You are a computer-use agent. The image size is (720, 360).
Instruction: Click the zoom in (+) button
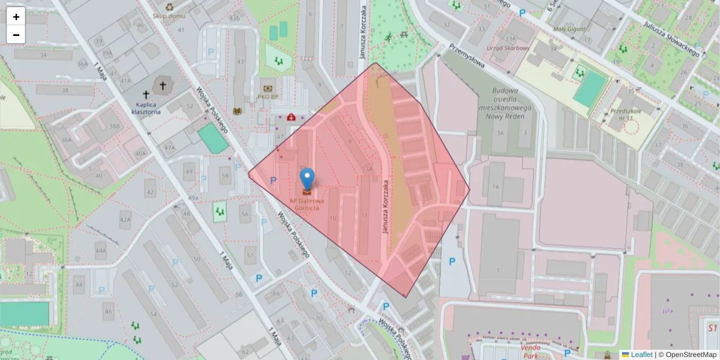tap(16, 17)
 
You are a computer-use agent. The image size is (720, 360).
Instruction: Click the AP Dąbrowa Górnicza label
tap(307, 205)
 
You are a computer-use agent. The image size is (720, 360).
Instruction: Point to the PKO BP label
tap(268, 97)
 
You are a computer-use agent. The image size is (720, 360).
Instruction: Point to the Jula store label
tap(667, 311)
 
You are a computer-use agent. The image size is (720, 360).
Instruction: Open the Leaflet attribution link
tap(641, 355)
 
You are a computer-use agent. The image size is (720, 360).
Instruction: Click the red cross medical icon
tap(291, 117)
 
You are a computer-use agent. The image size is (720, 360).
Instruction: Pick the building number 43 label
tap(241, 62)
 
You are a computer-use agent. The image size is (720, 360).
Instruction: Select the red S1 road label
tap(712, 328)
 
